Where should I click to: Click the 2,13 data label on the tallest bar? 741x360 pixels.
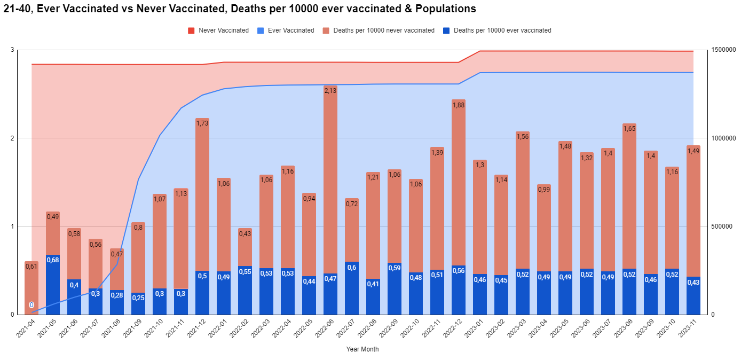pos(330,90)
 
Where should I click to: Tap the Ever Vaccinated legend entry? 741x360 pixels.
pos(290,30)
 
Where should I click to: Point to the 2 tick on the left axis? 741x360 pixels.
pos(12,138)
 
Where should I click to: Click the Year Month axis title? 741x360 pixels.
pos(362,349)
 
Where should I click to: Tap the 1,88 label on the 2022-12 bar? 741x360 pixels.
pos(459,105)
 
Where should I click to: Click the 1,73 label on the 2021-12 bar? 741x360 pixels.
pos(202,123)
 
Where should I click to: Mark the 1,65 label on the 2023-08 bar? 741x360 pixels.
pos(629,129)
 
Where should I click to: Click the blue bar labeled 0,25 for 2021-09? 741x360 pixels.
pos(138,303)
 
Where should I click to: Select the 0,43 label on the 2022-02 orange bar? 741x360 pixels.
pos(245,233)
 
